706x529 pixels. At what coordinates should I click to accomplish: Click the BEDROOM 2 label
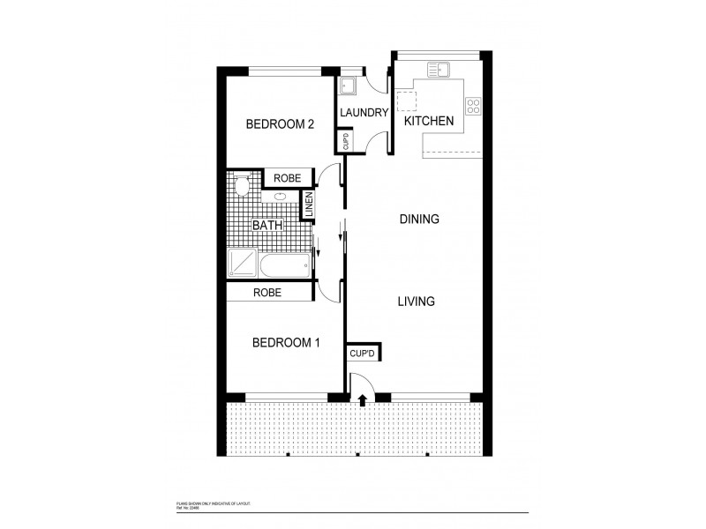pos(280,124)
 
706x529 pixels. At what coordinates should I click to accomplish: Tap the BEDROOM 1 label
pos(285,342)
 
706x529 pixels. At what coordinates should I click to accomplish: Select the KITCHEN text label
pos(429,121)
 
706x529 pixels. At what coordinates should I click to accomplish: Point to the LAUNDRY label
pos(364,113)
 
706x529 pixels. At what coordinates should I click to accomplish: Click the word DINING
pos(419,219)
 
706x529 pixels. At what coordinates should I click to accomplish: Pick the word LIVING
pos(417,302)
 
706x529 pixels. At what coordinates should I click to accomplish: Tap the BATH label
pos(267,226)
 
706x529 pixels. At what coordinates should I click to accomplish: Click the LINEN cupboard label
pos(309,205)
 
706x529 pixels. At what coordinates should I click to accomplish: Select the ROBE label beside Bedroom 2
pos(287,178)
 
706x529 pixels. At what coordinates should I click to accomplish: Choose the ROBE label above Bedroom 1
pos(267,292)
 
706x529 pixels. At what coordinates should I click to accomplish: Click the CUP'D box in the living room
pos(362,354)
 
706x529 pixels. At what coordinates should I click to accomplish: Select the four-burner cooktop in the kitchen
pos(474,106)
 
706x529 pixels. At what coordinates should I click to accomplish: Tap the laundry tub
pos(348,85)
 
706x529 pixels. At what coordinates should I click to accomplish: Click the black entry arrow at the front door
pos(364,400)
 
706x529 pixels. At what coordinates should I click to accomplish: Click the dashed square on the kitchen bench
pos(406,97)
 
